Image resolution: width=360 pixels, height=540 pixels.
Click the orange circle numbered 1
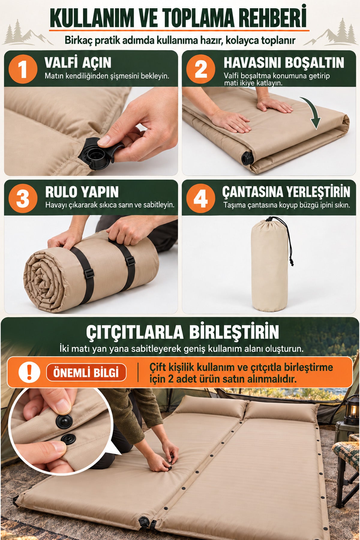(23, 69)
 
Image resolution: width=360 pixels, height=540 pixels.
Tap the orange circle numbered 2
(201, 69)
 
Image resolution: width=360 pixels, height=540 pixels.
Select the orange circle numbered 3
(23, 198)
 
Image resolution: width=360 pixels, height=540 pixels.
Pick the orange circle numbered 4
(201, 198)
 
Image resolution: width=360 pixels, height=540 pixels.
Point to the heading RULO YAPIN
(82, 192)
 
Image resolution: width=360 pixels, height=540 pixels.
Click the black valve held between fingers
(96, 153)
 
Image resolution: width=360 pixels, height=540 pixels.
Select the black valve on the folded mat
(247, 158)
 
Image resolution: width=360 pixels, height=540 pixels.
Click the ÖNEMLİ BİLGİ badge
(86, 373)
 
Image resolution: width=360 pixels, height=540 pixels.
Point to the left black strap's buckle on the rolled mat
(89, 273)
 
